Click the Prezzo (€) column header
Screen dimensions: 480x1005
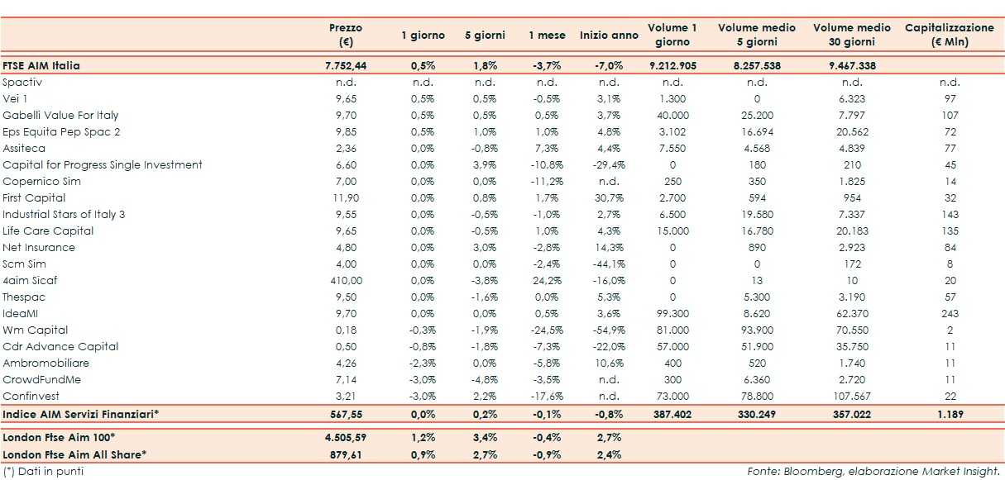pos(346,35)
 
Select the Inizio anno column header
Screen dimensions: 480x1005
pos(609,36)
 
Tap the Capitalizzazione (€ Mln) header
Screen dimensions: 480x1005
pos(950,35)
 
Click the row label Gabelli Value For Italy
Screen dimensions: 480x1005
pos(60,115)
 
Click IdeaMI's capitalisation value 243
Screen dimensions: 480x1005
pos(950,313)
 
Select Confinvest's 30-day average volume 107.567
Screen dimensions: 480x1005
pos(852,396)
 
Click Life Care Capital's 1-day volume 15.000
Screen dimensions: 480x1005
pos(672,230)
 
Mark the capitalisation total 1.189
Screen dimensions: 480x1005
pos(950,412)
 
